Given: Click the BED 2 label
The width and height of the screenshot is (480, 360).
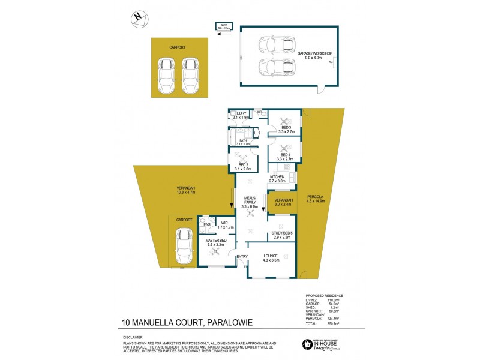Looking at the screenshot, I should [243, 166].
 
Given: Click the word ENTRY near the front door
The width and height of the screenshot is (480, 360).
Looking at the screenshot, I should [242, 257].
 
